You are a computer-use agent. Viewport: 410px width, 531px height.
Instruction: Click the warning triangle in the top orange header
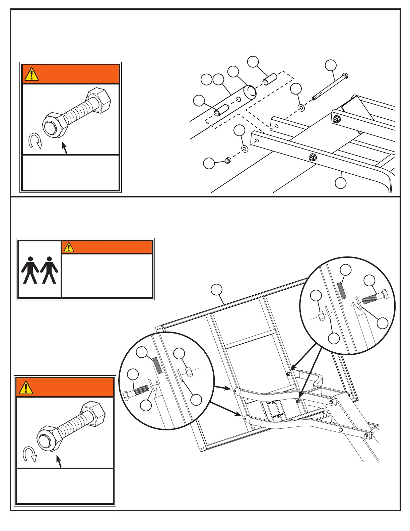point(31,74)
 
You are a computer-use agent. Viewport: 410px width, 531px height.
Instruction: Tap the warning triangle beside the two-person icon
point(69,247)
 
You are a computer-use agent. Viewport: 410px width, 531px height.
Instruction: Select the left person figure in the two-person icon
point(30,270)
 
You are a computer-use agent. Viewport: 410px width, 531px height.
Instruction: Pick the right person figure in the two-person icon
point(50,270)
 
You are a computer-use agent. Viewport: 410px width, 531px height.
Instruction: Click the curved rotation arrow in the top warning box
point(35,141)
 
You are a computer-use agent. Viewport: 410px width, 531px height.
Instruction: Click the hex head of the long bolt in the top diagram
point(345,75)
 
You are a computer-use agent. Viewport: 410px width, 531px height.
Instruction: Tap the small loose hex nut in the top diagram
point(227,160)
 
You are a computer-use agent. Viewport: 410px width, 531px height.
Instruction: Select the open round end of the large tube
point(250,92)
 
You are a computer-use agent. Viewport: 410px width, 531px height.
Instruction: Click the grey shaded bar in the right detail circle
point(341,290)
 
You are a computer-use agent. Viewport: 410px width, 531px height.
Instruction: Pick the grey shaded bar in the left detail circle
point(157,365)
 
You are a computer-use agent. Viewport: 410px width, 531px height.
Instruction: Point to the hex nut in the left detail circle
point(188,371)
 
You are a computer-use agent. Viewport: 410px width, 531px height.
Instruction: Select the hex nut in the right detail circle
point(321,316)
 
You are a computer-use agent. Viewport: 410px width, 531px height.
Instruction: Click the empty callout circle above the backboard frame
point(217,290)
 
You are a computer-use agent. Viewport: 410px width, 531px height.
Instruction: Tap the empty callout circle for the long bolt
point(331,65)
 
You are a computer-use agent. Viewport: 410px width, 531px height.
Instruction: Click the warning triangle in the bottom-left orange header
point(26,388)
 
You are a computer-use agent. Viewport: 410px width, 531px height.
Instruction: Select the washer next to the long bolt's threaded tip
point(301,108)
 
